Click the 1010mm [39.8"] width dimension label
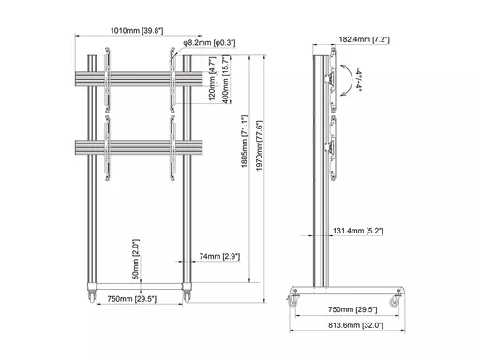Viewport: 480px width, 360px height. click(x=137, y=31)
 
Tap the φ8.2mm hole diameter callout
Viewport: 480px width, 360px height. click(x=209, y=43)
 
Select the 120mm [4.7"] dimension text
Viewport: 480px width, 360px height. click(x=212, y=79)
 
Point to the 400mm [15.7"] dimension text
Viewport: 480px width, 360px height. click(x=225, y=80)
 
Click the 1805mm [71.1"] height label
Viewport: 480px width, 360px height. click(x=245, y=142)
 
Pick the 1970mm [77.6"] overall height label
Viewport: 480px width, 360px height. click(x=260, y=145)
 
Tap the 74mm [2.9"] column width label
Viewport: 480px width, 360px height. click(x=219, y=257)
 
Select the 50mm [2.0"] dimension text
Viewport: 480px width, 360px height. click(x=136, y=260)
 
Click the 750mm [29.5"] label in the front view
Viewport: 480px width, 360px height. click(x=131, y=299)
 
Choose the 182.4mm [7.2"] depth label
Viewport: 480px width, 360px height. click(x=365, y=39)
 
